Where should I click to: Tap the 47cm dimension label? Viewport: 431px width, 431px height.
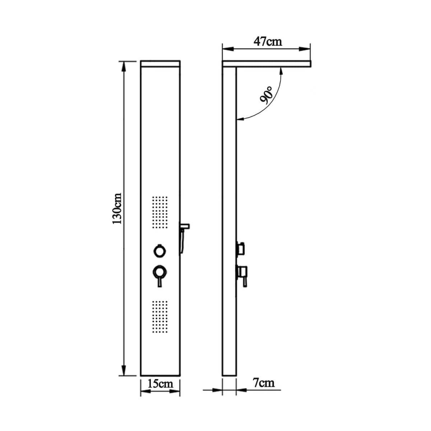pyautogui.click(x=268, y=42)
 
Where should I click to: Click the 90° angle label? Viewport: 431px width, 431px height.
pyautogui.click(x=266, y=96)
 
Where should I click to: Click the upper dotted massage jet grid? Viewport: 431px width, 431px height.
pyautogui.click(x=160, y=213)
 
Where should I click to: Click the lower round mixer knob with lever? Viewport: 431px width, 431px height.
pyautogui.click(x=160, y=272)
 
